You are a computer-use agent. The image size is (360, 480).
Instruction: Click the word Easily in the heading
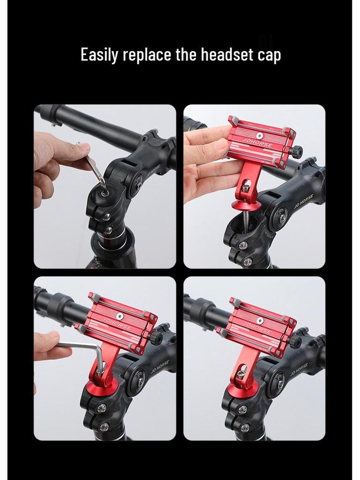[99, 55]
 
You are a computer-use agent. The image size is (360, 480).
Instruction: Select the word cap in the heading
[269, 56]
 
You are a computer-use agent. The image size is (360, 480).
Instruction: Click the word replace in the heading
[147, 56]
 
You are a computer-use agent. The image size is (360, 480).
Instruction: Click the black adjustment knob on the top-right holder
[296, 151]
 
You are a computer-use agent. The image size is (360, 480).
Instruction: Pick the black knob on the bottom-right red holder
[296, 340]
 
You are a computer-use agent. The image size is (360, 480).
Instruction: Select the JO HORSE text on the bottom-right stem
[299, 369]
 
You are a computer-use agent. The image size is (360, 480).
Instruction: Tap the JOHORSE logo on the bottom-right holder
[256, 327]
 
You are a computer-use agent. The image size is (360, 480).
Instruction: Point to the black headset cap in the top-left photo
[102, 193]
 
